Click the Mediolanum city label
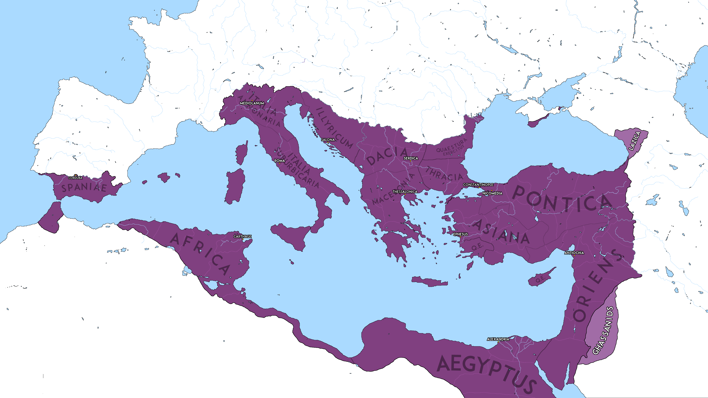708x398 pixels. click(x=252, y=103)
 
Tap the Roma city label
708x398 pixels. click(x=280, y=161)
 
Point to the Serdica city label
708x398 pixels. click(x=411, y=158)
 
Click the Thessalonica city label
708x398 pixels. click(x=405, y=192)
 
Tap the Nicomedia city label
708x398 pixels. click(x=492, y=193)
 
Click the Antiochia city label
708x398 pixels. click(x=574, y=253)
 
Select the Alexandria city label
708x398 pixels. click(x=498, y=339)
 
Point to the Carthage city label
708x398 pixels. click(x=242, y=236)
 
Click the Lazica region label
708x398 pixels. click(x=635, y=141)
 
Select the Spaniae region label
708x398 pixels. click(x=84, y=187)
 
